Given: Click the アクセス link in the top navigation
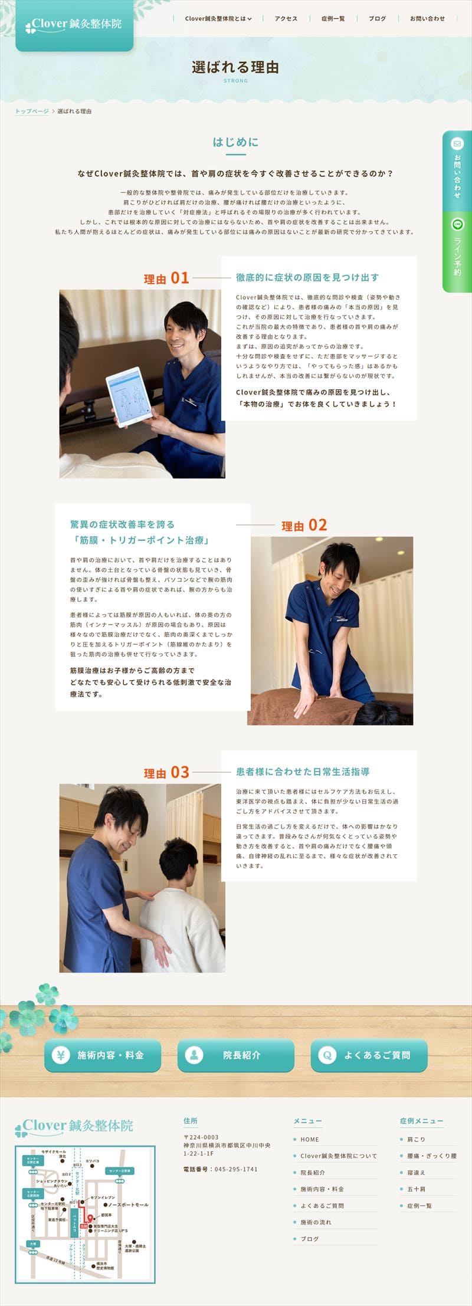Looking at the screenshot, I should click(x=286, y=19).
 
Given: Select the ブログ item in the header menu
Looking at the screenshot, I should click(x=377, y=19).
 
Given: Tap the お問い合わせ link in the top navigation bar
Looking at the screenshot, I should click(x=427, y=19).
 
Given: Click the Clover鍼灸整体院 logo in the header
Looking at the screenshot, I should click(x=74, y=25).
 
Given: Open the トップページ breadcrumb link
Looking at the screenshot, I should click(x=32, y=111).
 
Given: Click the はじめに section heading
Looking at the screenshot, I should click(x=235, y=142).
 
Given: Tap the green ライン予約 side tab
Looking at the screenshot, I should click(x=457, y=252).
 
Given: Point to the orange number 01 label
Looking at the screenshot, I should click(x=180, y=278).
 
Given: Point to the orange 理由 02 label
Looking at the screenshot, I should click(x=304, y=525).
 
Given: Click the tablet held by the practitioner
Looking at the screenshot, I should click(x=129, y=396).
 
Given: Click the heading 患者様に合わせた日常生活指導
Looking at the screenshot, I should click(x=303, y=772).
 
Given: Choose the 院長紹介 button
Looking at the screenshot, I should click(x=235, y=1055).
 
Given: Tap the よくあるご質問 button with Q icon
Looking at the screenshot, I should click(x=369, y=1055).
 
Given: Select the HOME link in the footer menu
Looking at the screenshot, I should click(x=309, y=1140).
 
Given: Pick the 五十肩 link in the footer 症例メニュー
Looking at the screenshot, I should click(x=416, y=1189).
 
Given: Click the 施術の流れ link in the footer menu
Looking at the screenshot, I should click(x=316, y=1222).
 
